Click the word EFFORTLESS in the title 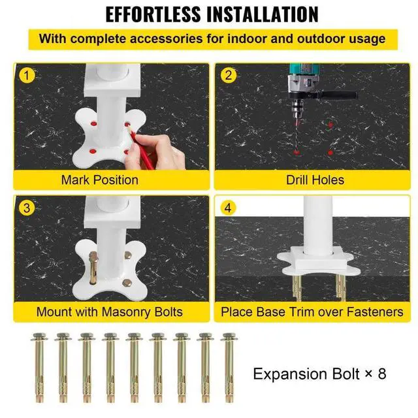(x=153, y=14)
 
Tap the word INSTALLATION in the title (x=263, y=14)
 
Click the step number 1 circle (x=27, y=76)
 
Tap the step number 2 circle (x=229, y=76)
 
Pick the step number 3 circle (x=27, y=208)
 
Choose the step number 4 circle (x=228, y=208)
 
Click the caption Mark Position (x=100, y=180)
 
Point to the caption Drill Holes (x=315, y=180)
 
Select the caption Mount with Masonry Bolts (x=110, y=312)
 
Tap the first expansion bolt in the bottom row (x=40, y=367)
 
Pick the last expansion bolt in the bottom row (x=229, y=367)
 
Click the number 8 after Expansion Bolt (x=382, y=374)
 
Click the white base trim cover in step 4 (x=315, y=262)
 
